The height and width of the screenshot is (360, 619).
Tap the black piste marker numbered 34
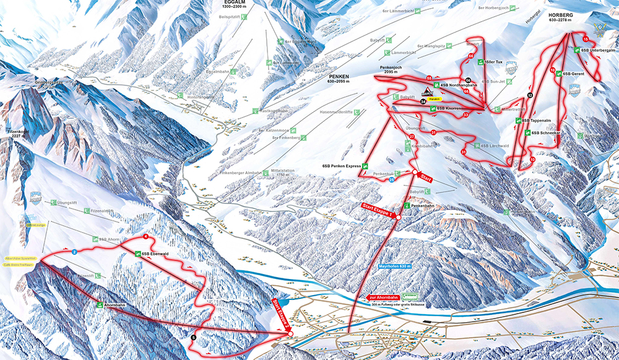(x=423, y=101)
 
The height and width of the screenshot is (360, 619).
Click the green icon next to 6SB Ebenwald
(x=137, y=254)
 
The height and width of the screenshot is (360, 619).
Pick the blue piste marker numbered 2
(x=74, y=252)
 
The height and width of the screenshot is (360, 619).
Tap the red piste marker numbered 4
(x=145, y=237)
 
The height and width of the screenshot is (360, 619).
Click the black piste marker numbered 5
(x=193, y=337)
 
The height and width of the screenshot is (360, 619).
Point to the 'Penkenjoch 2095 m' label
(x=394, y=69)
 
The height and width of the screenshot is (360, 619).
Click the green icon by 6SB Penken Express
(x=365, y=166)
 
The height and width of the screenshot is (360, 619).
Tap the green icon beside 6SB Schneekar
(x=526, y=133)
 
